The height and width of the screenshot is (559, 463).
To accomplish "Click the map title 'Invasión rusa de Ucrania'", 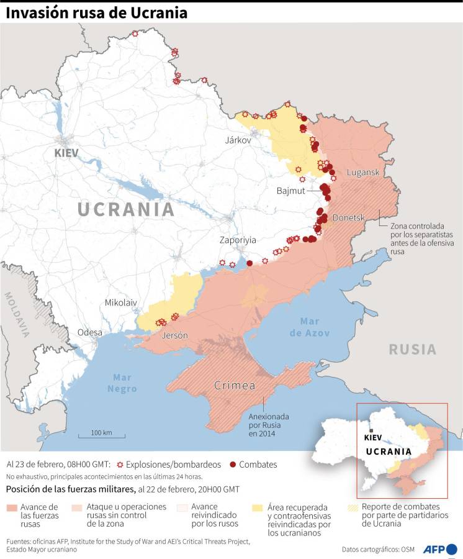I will [96, 12].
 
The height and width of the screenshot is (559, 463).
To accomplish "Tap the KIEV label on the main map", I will [68, 152].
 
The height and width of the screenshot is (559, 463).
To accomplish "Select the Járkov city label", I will [238, 140].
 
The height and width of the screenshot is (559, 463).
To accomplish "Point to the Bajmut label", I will [291, 191].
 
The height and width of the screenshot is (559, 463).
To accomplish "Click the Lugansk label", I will [363, 172].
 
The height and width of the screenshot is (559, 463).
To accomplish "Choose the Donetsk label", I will [348, 217].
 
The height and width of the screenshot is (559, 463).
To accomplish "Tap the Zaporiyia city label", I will [238, 240].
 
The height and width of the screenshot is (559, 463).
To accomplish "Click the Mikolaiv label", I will [120, 303].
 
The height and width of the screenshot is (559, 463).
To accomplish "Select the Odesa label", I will [89, 332].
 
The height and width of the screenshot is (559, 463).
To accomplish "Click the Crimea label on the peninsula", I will [235, 386].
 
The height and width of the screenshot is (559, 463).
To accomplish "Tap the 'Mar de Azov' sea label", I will [310, 327].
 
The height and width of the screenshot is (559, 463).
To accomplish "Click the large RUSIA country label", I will [412, 349].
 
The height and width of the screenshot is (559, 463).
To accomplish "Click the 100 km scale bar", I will [101, 435].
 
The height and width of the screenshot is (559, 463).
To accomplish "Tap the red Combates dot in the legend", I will [233, 465].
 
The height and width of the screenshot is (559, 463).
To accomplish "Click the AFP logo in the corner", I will [439, 549].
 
